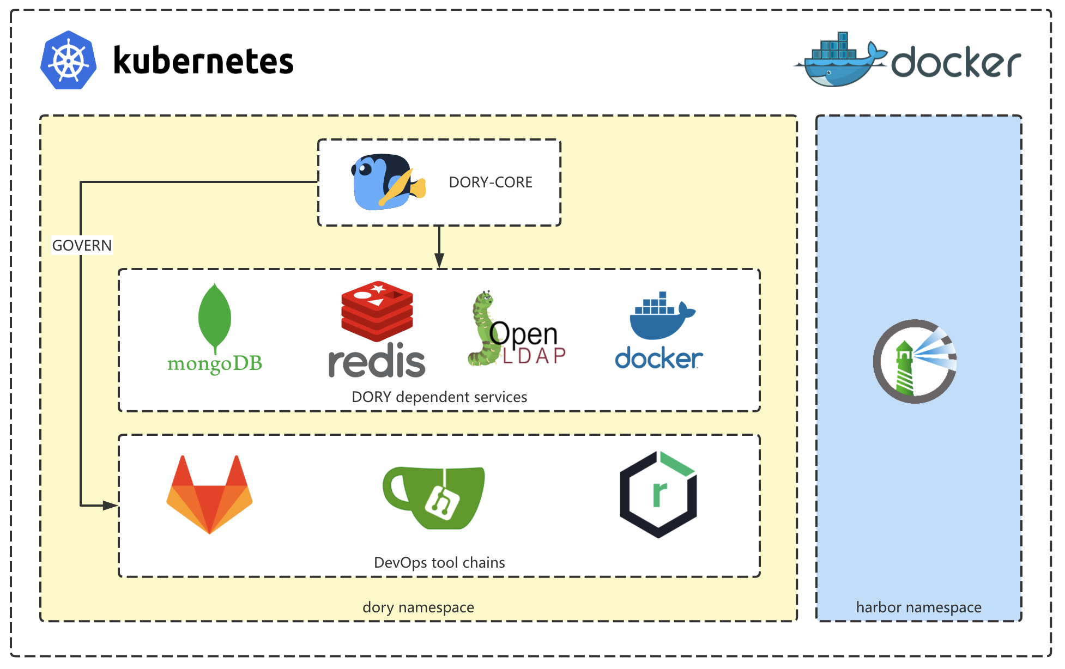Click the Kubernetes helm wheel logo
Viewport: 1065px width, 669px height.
(x=69, y=60)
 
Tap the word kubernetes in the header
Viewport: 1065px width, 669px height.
(x=203, y=60)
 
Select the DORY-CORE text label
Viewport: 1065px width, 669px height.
(x=490, y=183)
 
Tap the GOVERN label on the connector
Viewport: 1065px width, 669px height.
(x=82, y=246)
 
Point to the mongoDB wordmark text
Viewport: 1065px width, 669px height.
(x=215, y=363)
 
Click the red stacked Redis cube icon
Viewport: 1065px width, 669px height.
(x=377, y=311)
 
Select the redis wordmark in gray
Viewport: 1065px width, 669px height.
(x=377, y=361)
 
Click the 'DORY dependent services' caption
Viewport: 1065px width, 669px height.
(x=439, y=397)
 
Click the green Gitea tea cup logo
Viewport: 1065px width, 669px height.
(x=434, y=497)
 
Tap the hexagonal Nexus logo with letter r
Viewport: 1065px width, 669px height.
(x=658, y=494)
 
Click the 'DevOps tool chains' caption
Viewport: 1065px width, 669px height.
(x=439, y=563)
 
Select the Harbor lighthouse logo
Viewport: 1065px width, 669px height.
(x=915, y=361)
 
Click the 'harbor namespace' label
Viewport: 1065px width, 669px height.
(x=918, y=607)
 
